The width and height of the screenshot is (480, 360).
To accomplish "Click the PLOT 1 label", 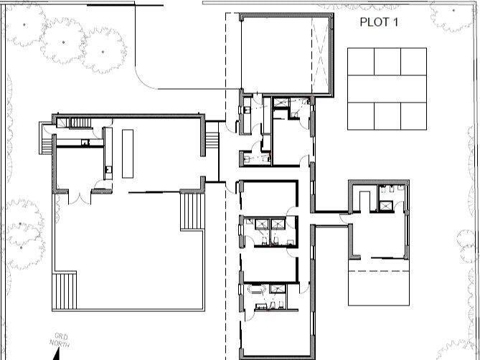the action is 379,22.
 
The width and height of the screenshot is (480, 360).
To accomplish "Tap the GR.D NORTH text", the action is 60,340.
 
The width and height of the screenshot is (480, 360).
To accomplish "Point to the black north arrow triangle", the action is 57,356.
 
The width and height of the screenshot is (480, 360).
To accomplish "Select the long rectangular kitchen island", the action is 128,153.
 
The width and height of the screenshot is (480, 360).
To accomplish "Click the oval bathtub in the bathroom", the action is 258,289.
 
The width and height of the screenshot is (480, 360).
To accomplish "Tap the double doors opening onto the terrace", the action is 80,197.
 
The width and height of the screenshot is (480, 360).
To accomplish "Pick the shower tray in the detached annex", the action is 386,206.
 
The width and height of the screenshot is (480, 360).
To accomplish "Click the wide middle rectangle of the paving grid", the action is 387,89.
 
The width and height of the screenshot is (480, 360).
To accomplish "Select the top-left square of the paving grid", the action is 361,62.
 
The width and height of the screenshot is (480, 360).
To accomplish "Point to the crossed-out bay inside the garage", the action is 321,55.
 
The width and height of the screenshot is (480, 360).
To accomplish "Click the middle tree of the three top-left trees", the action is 63,42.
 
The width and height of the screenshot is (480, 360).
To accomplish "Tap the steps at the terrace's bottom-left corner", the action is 65,291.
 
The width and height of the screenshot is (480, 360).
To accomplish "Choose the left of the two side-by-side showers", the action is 262,224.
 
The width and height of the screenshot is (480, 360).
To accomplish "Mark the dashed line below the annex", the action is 379,271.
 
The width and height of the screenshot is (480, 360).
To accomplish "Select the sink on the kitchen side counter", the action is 108,169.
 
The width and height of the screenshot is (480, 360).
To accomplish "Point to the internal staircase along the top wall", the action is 81,123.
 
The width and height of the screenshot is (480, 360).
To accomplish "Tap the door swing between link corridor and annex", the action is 344,218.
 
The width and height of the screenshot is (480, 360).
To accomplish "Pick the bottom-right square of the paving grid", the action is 413,116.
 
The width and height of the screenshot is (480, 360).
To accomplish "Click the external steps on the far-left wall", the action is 46,146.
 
